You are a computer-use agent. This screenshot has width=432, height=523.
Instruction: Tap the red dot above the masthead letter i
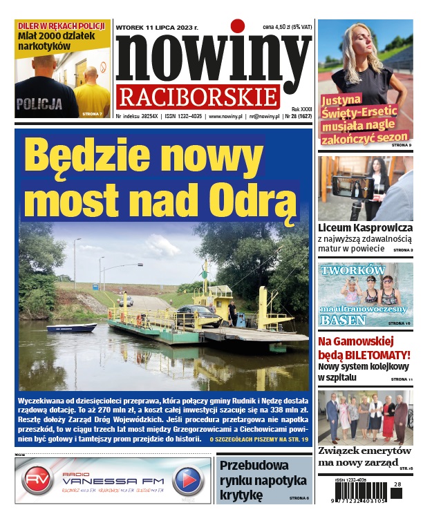[238, 26]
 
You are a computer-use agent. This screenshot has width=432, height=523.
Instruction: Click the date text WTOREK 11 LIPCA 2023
[158, 28]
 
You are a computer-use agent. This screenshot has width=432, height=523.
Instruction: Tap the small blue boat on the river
[71, 327]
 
